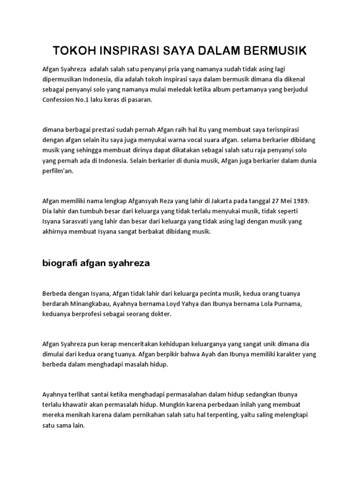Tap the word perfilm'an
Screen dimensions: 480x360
(x=58, y=172)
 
